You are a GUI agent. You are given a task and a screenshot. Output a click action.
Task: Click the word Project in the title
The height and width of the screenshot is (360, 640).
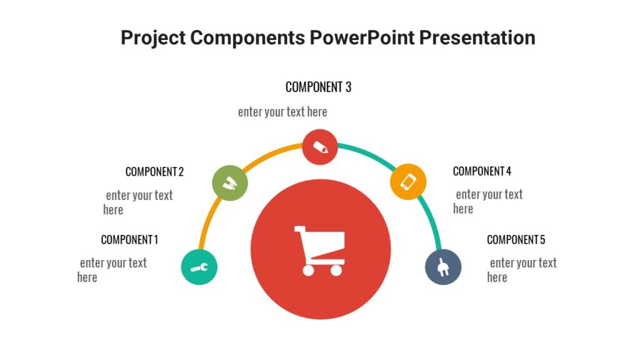pos(152,37)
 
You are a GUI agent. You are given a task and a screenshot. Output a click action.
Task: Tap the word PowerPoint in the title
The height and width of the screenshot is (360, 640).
pos(362,37)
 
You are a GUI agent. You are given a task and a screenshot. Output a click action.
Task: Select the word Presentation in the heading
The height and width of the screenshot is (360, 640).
pos(477,37)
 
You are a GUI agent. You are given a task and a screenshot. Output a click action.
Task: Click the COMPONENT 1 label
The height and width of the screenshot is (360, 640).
pos(129,239)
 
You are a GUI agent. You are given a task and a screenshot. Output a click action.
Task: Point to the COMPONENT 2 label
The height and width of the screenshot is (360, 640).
pos(154,171)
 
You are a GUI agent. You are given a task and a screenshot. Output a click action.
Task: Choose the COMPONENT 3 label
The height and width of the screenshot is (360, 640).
pos(318,87)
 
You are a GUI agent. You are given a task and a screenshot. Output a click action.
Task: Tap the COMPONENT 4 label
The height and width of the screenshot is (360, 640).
pos(482,171)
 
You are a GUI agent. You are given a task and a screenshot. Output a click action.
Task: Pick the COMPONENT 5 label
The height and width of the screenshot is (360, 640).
pos(516,239)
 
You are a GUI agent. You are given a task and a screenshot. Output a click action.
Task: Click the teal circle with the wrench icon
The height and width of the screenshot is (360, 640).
pos(199,267)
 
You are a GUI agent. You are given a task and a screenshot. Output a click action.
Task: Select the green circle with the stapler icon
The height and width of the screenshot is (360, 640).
pos(230,183)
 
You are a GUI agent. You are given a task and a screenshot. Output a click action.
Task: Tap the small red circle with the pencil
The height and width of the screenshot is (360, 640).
pos(320,147)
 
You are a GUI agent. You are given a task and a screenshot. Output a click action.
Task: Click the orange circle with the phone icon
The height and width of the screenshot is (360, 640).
pos(408,182)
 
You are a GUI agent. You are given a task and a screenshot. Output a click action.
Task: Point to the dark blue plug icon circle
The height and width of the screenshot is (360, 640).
pos(443,267)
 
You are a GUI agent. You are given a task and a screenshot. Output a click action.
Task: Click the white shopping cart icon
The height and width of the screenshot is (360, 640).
pos(319,251)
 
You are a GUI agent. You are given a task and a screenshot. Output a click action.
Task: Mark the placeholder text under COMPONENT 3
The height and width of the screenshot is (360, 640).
pos(282,112)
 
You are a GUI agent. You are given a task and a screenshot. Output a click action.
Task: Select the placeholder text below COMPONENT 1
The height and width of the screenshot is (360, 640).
pos(112,270)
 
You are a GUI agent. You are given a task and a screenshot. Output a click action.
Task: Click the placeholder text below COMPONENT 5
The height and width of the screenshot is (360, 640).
pos(522,270)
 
